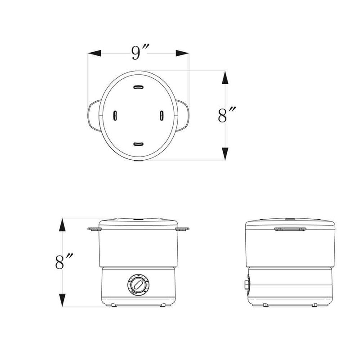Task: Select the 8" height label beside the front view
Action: tap(64, 262)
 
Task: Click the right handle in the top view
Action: tap(184, 116)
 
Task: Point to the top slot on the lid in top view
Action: tap(138, 87)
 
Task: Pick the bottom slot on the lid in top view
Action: tap(138, 144)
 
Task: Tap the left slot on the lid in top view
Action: tap(115, 116)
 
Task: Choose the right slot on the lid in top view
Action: tap(162, 116)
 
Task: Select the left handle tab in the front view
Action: tap(94, 230)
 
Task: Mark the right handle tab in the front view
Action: tap(183, 230)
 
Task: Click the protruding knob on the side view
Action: tap(246, 284)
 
